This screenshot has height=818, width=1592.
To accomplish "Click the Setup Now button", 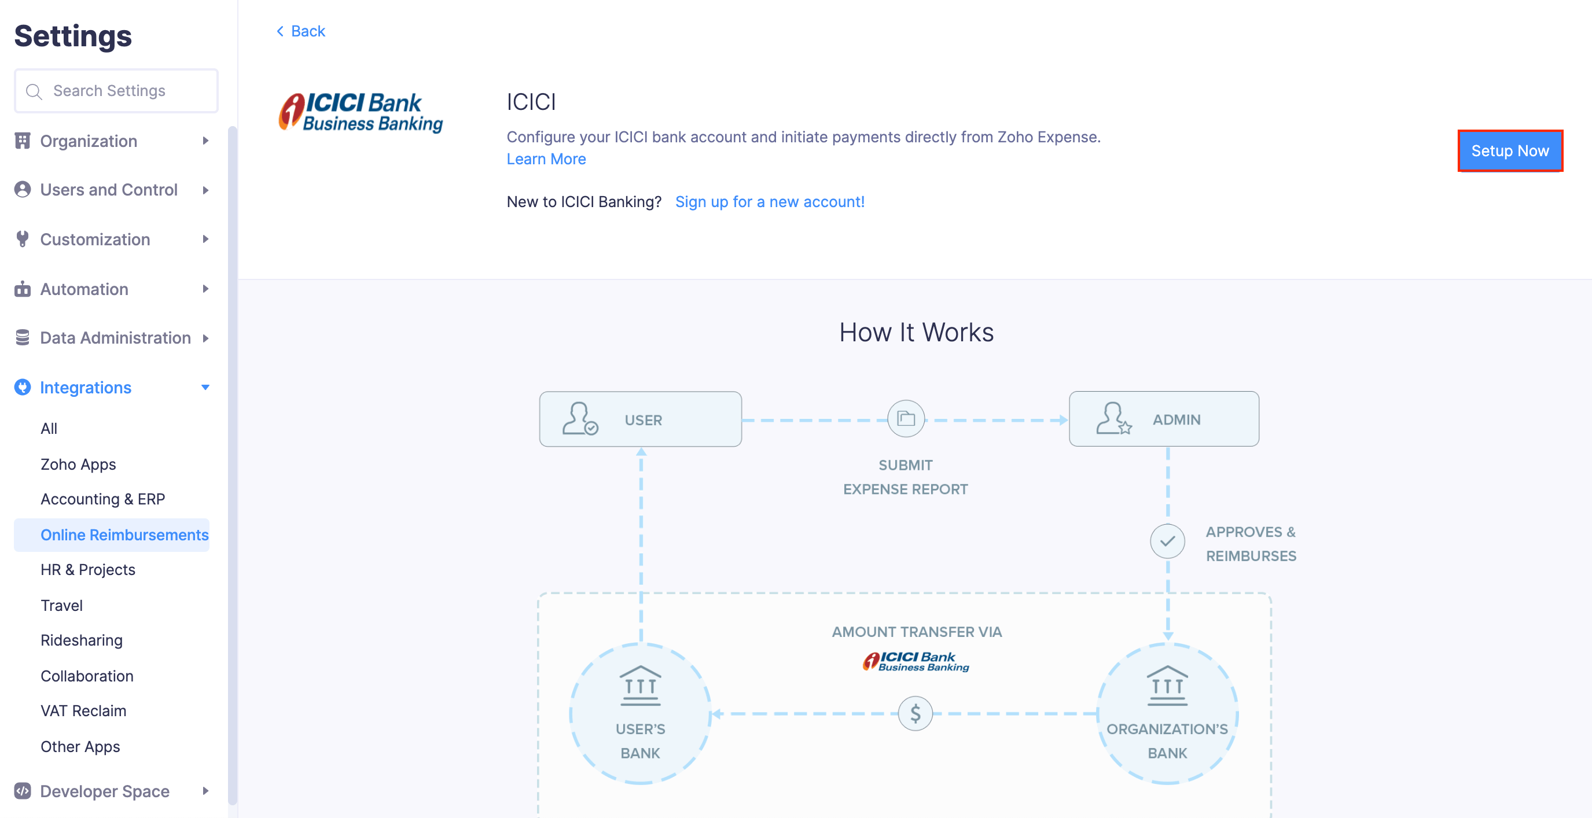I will (x=1509, y=151).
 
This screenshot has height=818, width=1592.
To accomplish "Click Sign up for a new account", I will (x=770, y=201).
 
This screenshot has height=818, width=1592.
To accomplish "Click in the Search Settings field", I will (x=116, y=91).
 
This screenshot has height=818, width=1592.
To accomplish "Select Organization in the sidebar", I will (x=89, y=141).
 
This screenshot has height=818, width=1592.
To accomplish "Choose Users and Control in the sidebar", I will (x=108, y=190).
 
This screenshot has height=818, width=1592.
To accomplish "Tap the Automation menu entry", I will (x=84, y=289).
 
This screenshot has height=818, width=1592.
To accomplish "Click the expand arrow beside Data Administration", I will (x=206, y=338).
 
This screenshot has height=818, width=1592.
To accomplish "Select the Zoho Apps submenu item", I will (x=78, y=464).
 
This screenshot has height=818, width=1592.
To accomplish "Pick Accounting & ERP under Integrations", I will (x=102, y=499).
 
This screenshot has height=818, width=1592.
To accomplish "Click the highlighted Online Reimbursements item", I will (x=124, y=535).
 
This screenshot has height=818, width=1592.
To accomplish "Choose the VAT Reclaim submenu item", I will (x=83, y=710).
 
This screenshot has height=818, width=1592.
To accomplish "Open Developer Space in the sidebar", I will (x=104, y=791).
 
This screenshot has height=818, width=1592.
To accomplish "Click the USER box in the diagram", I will (x=639, y=419).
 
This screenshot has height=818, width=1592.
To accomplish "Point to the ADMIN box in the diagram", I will (x=1164, y=419).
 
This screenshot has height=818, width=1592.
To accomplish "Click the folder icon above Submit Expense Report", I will (x=906, y=419).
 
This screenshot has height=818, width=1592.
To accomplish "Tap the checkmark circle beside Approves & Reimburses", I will (x=1167, y=541).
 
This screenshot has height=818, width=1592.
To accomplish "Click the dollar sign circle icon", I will (x=916, y=714).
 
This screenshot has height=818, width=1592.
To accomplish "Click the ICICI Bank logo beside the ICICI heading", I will (x=361, y=112).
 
